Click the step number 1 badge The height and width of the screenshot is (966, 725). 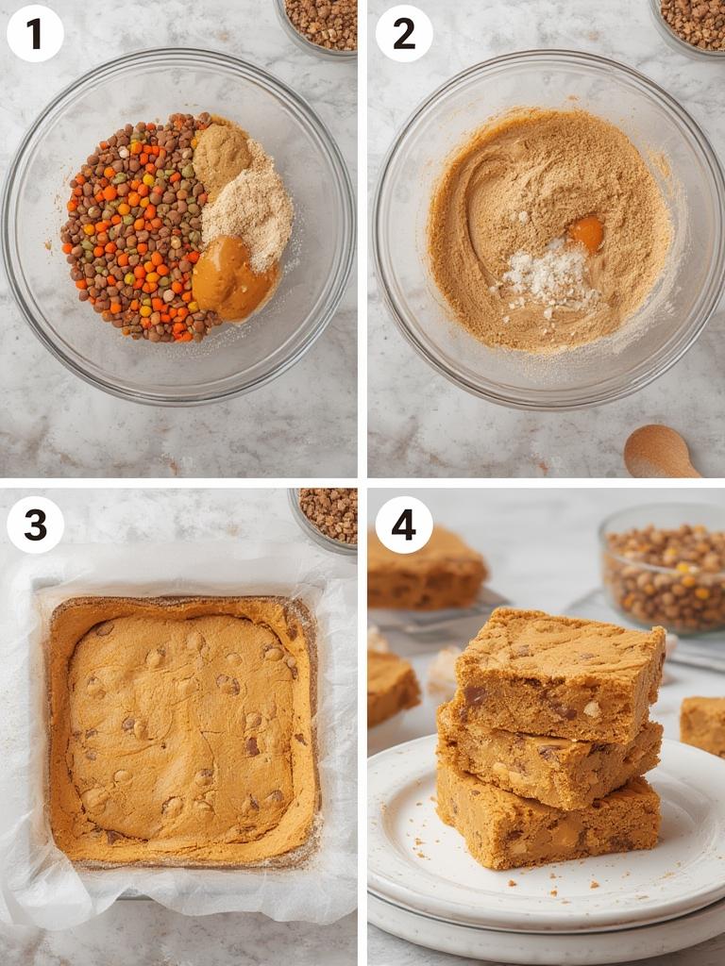pos(35,34)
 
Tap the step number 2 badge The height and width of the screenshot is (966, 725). pos(404,34)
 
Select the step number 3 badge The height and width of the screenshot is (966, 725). pos(35,525)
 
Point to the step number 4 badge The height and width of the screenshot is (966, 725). pos(404,525)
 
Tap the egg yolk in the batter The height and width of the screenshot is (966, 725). pos(586,232)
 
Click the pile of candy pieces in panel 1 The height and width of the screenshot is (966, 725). pos(132,226)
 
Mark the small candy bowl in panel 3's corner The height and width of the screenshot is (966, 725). pos(326,515)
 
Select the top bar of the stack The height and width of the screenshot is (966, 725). pos(557,675)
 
